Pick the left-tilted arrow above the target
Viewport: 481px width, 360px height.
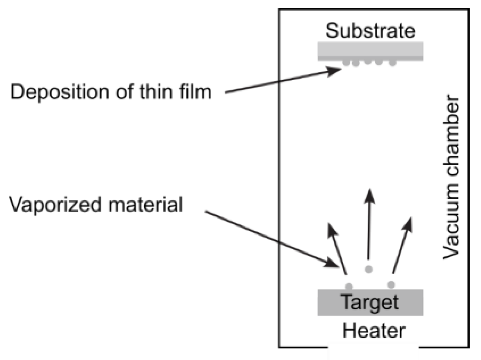tap(338, 248)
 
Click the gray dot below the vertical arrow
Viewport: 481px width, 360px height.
tap(369, 269)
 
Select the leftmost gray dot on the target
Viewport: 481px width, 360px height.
tap(349, 286)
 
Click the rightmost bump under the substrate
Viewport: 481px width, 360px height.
tap(392, 63)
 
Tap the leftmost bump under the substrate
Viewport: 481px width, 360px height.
tap(346, 62)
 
